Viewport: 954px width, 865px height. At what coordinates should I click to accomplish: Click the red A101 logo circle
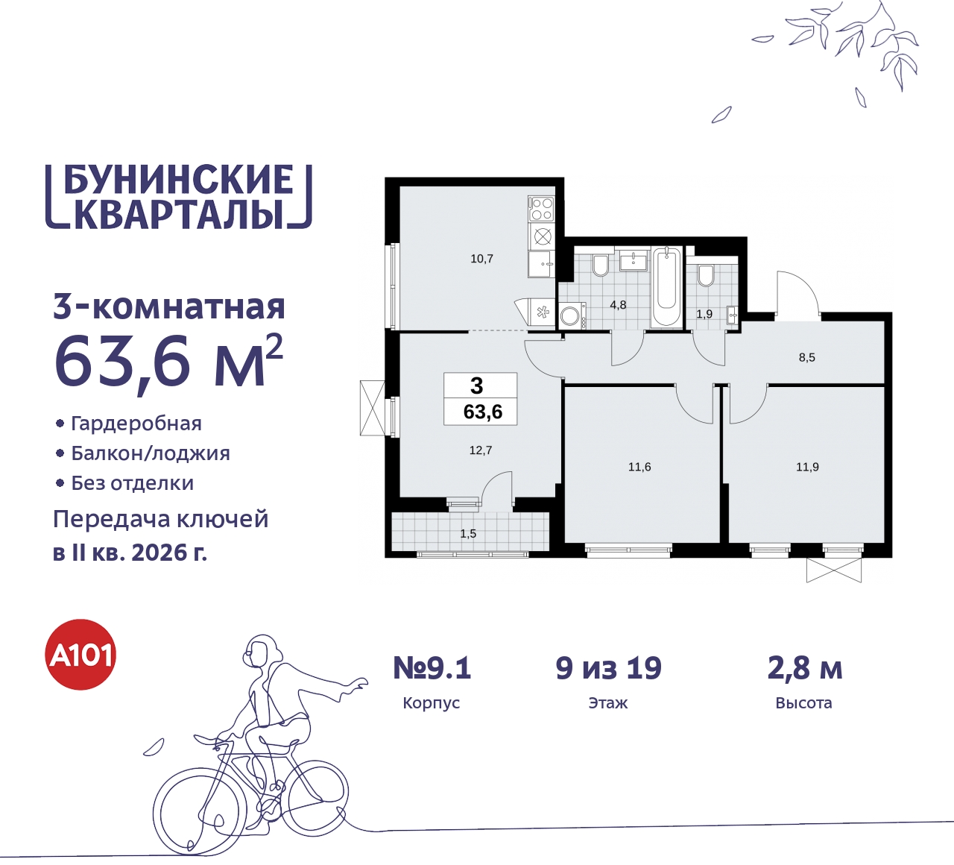(x=81, y=655)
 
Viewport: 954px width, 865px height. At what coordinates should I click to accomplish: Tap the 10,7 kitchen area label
(x=481, y=259)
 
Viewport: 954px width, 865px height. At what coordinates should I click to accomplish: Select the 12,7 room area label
(x=480, y=450)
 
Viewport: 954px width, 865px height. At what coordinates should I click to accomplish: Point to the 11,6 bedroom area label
(x=639, y=467)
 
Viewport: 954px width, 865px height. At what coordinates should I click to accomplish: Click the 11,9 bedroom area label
(x=807, y=467)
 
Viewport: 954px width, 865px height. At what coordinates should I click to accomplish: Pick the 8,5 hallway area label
(x=806, y=357)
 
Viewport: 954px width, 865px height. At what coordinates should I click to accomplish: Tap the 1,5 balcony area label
(x=468, y=534)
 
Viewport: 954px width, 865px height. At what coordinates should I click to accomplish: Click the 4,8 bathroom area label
(x=618, y=305)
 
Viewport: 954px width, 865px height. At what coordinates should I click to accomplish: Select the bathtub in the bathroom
(x=666, y=287)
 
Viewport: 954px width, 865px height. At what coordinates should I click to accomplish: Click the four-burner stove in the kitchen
(x=542, y=208)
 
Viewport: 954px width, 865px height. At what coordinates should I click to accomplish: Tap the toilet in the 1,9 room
(x=706, y=275)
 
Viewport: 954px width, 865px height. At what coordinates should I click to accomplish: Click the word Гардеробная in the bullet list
(x=136, y=424)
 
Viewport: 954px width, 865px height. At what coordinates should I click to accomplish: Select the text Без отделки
(x=133, y=483)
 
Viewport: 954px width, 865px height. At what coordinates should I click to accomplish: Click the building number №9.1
(x=432, y=668)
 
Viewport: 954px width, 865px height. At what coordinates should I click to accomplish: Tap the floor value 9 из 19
(x=608, y=668)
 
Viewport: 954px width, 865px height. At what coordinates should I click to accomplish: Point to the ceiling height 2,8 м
(x=804, y=668)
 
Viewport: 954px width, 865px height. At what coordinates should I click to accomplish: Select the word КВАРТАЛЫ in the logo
(x=180, y=214)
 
